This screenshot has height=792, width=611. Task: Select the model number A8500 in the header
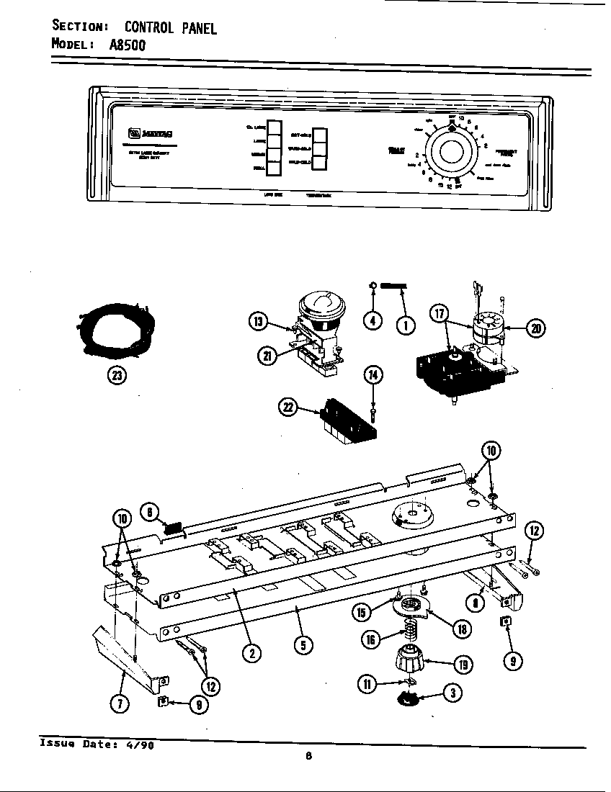tap(128, 45)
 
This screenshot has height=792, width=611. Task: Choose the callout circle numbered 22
tap(290, 408)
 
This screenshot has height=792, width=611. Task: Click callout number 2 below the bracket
tap(250, 654)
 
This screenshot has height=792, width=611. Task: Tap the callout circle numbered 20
tap(535, 329)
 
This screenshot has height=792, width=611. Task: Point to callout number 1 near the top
tap(406, 325)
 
